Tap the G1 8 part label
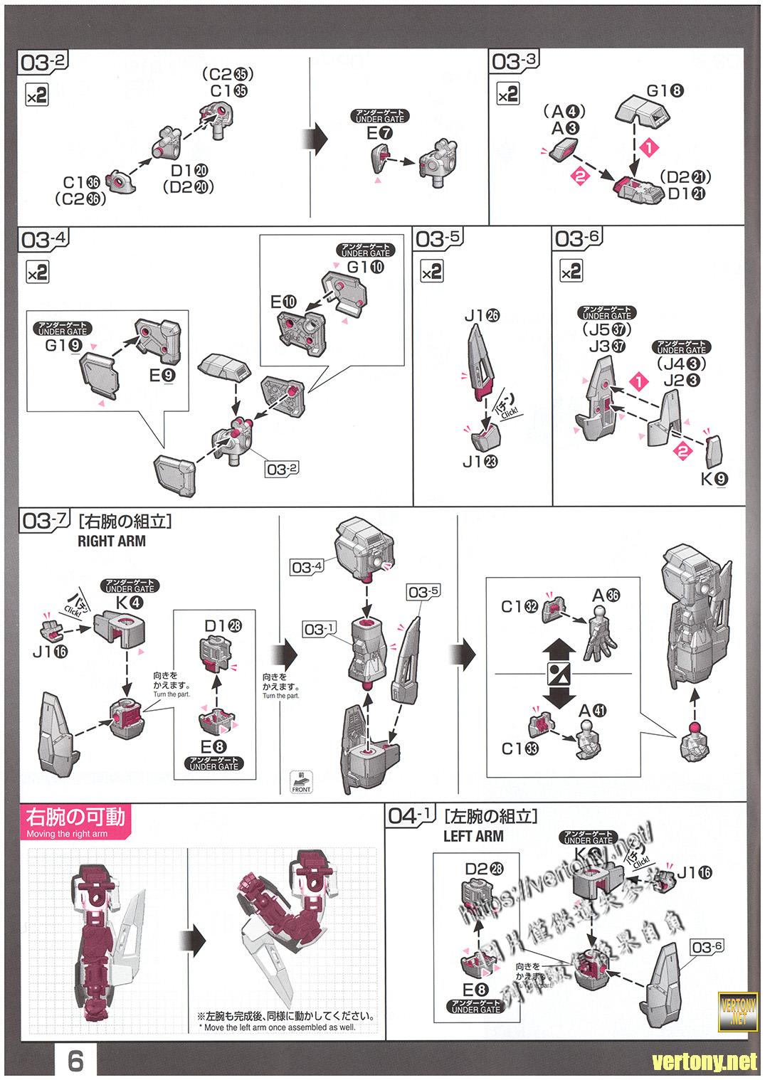coord(665,91)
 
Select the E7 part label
coord(379,133)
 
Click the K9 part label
coord(714,479)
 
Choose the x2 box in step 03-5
coord(431,271)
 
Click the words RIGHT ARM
coord(111,541)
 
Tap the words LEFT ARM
coord(473,836)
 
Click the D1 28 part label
coord(223,625)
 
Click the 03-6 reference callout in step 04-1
coord(707,946)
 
